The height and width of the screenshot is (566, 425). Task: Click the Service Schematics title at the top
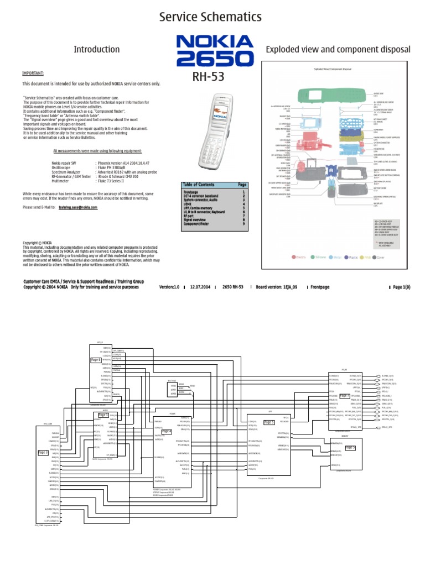pyautogui.click(x=210, y=17)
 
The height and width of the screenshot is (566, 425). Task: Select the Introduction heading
pyautogui.click(x=97, y=50)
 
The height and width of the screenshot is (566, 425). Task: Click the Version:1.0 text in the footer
pyautogui.click(x=169, y=287)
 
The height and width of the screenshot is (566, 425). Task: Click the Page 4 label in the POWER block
pyautogui.click(x=167, y=431)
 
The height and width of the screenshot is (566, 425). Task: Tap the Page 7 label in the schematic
pyautogui.click(x=344, y=396)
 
